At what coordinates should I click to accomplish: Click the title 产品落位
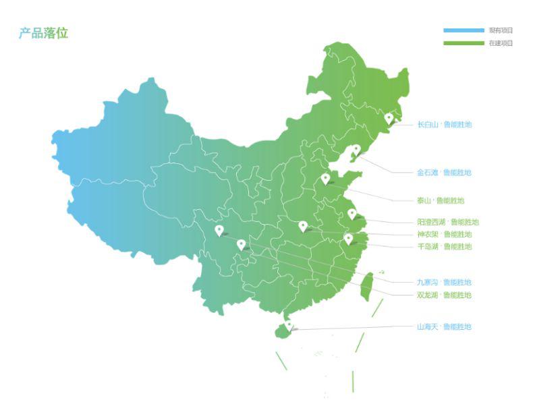43,33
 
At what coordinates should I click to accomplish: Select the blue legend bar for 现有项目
464,30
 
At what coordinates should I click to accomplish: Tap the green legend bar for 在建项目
464,43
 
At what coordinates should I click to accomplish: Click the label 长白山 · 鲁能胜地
444,125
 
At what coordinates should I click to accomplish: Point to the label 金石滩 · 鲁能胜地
444,173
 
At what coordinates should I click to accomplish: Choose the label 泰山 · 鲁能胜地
441,200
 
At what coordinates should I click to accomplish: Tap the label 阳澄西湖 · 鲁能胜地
448,222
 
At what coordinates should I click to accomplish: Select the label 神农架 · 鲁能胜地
444,234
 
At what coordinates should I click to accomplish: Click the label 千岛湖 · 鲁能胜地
444,246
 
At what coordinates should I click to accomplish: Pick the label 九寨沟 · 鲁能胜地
444,282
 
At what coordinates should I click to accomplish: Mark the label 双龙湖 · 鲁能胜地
444,295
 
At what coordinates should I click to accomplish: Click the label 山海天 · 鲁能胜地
444,326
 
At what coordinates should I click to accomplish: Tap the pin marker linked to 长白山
389,118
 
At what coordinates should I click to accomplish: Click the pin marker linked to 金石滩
356,149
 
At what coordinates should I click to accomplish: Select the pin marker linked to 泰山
325,178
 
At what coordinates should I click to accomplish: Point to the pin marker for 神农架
303,226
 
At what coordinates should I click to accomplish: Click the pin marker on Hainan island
289,325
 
